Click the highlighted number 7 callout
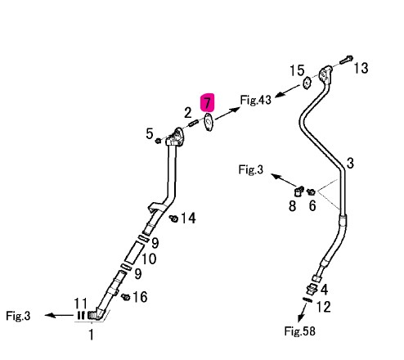[208, 103]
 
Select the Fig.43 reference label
[256, 100]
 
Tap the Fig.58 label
[299, 331]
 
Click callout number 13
[361, 68]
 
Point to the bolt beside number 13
[347, 60]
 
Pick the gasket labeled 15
[307, 83]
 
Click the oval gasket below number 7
[209, 122]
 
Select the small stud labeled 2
[193, 124]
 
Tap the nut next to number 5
[158, 141]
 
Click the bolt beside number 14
[173, 218]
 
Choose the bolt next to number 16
[126, 297]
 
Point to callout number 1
[92, 335]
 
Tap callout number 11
[81, 303]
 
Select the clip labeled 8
[299, 191]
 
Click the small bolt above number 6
[311, 191]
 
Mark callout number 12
[323, 307]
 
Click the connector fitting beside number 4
[312, 290]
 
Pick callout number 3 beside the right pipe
[350, 163]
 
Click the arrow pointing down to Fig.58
[302, 312]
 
